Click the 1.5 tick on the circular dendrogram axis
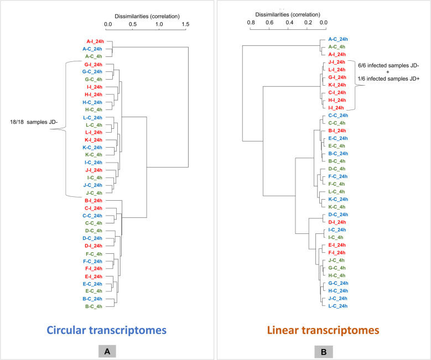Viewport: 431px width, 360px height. coord(185,24)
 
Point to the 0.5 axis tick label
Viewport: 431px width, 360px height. coord(133,24)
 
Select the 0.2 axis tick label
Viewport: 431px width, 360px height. coord(305,23)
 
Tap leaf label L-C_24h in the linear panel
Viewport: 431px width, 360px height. coord(337,306)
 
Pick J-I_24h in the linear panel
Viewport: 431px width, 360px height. coord(337,62)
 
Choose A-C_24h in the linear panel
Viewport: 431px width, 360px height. coord(337,39)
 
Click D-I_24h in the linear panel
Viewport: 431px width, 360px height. coord(337,222)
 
